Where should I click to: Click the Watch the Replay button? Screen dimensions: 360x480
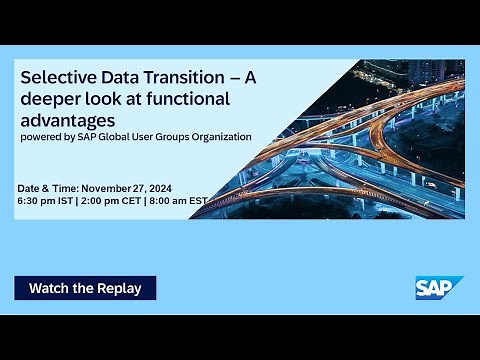pos(85,288)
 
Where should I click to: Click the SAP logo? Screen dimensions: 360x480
pos(439,287)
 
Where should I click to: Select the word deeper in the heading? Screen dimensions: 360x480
pos(50,98)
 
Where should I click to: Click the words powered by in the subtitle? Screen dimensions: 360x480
pos(47,137)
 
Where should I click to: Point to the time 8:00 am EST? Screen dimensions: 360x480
pos(177,201)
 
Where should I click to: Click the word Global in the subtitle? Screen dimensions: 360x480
pos(116,137)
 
